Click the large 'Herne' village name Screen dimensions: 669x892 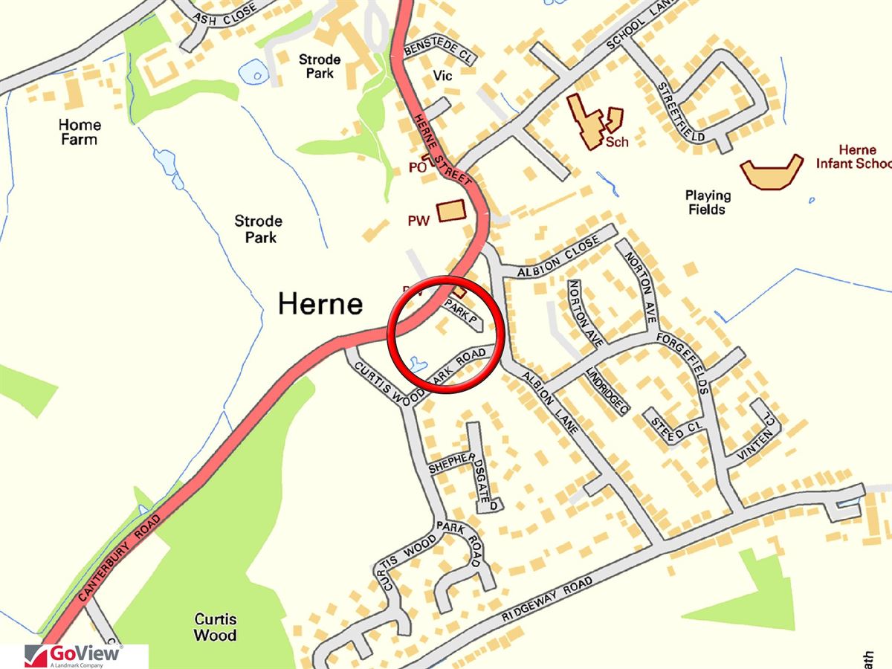320,304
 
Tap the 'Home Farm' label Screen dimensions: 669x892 80,132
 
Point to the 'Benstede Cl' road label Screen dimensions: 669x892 439,54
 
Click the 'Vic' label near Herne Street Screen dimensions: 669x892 442,77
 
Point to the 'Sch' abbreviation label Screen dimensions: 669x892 616,142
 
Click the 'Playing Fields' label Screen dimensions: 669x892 708,202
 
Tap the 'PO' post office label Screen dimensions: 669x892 417,168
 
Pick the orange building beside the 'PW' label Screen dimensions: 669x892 450,211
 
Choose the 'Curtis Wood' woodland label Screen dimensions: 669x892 216,627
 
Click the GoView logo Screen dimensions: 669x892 74,656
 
